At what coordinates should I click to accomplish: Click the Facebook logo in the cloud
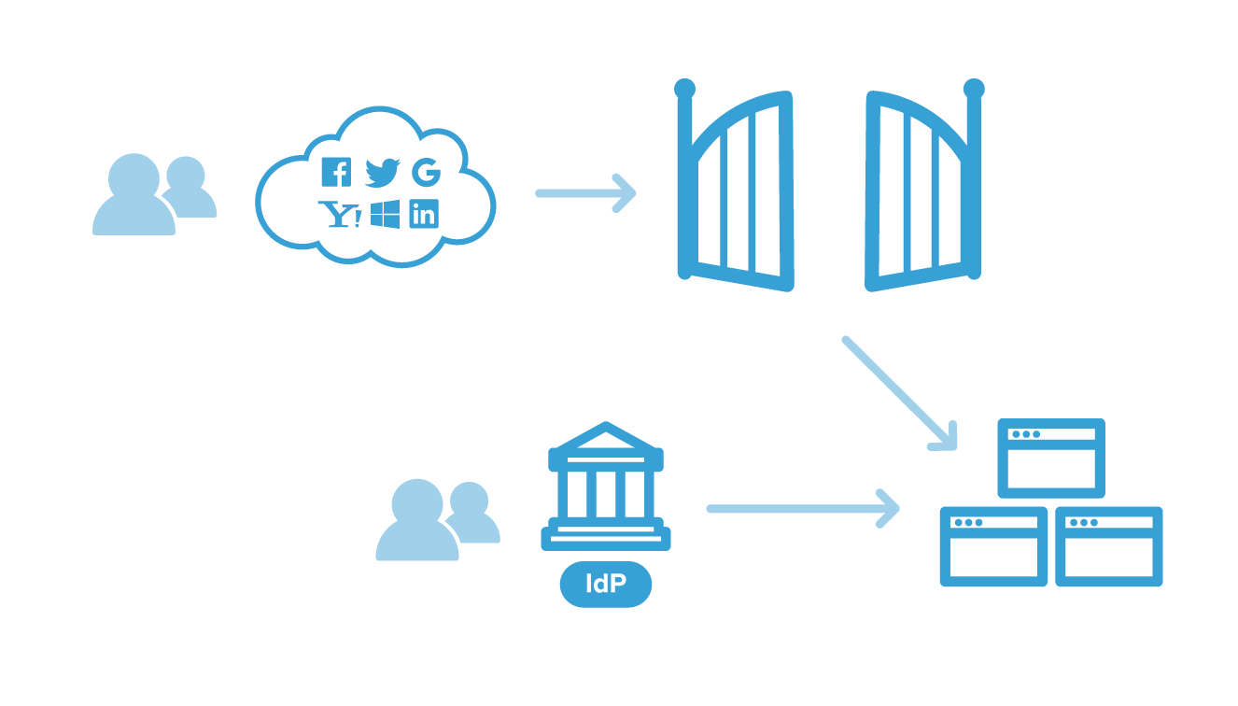coord(335,172)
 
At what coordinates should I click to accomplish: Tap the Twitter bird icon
coord(381,172)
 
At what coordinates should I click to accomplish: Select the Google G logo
coord(426,172)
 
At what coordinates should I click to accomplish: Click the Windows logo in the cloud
coord(385,214)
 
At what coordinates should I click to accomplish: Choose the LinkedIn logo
coord(424,214)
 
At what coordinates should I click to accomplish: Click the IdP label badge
coord(605,586)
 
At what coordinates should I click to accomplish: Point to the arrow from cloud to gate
coord(585,193)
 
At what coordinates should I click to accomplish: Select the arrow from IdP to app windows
coord(803,509)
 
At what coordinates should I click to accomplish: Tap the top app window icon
coord(1051,458)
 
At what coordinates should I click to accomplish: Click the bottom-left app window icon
coord(993,546)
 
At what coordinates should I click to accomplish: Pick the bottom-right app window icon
coord(1109,546)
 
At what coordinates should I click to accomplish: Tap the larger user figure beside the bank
coord(416,523)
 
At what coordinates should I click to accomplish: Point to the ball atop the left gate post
coord(684,89)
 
